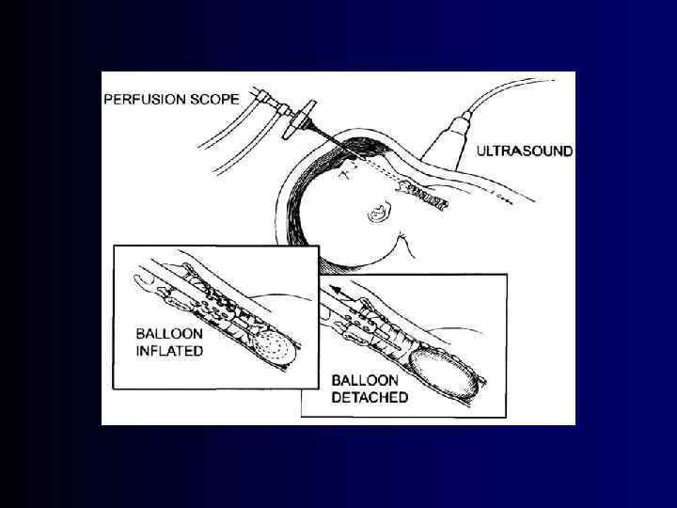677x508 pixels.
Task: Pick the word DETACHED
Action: (x=370, y=398)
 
